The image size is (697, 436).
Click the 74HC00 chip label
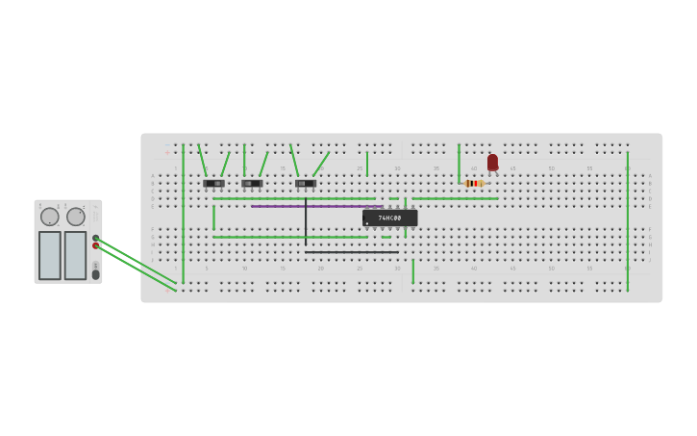coord(389,218)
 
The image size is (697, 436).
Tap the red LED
coord(492,163)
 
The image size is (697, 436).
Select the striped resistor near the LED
coord(473,183)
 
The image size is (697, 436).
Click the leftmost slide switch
coord(213,183)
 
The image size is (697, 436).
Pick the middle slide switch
coord(252,183)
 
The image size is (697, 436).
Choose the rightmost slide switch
coord(306,183)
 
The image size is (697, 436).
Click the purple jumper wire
coord(317,206)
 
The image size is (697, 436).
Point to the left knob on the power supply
coord(50,217)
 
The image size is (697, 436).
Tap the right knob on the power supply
coord(76,217)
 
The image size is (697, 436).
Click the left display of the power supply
coord(50,255)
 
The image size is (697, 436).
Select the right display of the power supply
coord(75,255)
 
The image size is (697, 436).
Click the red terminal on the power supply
coord(95,245)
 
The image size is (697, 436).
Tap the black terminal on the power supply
coord(95,237)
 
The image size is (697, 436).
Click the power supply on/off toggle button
coord(95,273)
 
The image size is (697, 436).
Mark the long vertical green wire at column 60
coord(628,221)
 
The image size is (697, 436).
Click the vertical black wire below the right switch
coord(306,221)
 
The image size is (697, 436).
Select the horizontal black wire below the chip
coord(351,252)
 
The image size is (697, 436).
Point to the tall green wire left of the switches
coord(183,212)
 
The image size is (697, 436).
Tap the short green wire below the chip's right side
coord(413,270)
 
